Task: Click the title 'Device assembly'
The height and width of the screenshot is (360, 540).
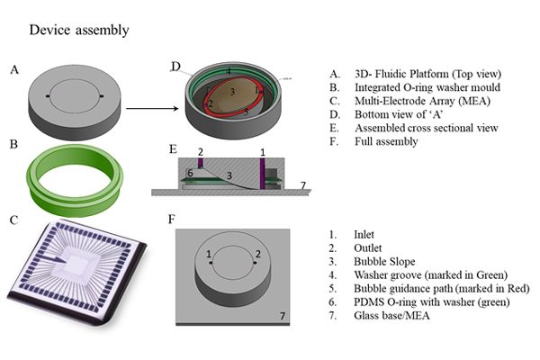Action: coord(79,31)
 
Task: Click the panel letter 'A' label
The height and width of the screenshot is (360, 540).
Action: coord(14,68)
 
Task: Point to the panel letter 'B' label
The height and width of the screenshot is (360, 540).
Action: coord(14,143)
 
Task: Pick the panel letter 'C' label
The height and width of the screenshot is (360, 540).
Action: coord(13,218)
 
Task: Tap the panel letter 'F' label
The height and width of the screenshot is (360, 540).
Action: coord(171,219)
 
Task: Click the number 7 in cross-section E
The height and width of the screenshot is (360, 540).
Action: coord(302,185)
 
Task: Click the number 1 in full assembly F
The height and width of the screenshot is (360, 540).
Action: coord(209,255)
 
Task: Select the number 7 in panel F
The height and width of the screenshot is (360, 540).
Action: coord(283,317)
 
